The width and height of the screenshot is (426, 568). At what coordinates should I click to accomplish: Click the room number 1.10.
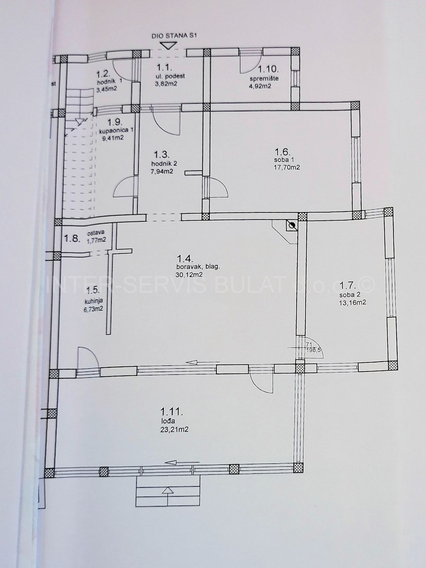pos(268,69)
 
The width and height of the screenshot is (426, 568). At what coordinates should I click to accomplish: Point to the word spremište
pos(264,79)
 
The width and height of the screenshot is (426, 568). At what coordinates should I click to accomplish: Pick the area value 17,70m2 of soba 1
pos(287,168)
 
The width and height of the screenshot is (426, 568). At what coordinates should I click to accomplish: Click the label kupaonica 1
pos(116,131)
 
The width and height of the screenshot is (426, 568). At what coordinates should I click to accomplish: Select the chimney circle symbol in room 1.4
pos(292,226)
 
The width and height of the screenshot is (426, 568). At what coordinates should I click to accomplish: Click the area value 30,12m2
pos(188,275)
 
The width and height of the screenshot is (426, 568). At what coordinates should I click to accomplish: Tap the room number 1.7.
pos(348,286)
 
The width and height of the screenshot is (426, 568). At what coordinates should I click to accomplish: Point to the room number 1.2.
pos(104,75)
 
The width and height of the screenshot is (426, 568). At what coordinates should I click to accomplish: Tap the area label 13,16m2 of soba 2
pos(352,302)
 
